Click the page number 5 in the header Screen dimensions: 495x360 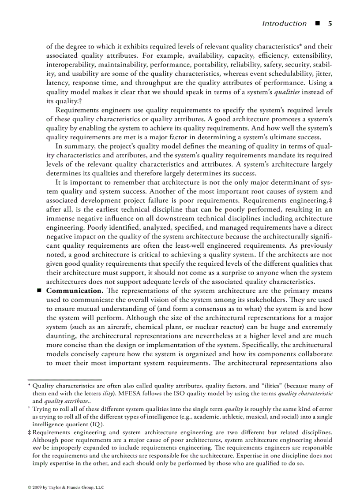click(330, 23)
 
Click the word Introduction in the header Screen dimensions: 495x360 click(284, 23)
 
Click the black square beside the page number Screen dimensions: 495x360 click(317, 23)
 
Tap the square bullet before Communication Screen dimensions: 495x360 click(39, 291)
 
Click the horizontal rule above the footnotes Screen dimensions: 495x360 click(64, 379)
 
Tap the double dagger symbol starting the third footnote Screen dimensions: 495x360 click(29, 432)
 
